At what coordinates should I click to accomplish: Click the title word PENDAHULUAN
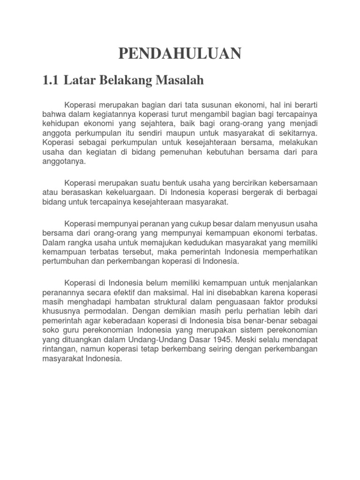180,54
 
